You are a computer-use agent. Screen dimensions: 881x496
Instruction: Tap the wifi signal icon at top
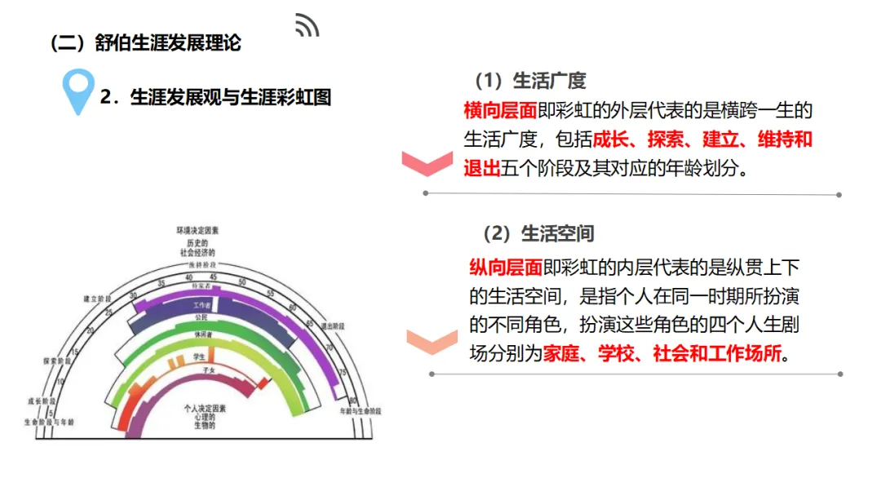(x=308, y=26)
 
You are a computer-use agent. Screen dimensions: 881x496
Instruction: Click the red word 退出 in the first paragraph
(x=481, y=168)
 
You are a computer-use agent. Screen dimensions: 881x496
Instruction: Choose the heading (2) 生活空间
(x=538, y=234)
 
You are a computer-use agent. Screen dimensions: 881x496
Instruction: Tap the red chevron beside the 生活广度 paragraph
(x=427, y=164)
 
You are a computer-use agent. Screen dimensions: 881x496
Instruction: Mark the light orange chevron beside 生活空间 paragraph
(x=432, y=341)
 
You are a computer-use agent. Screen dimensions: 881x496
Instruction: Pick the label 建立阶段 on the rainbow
(x=96, y=299)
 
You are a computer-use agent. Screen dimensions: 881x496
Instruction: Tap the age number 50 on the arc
(x=241, y=282)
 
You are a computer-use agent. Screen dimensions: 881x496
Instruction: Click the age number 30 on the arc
(x=134, y=296)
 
